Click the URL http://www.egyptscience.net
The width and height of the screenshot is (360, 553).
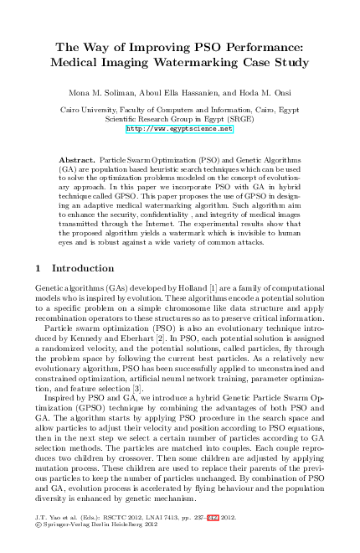179,130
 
